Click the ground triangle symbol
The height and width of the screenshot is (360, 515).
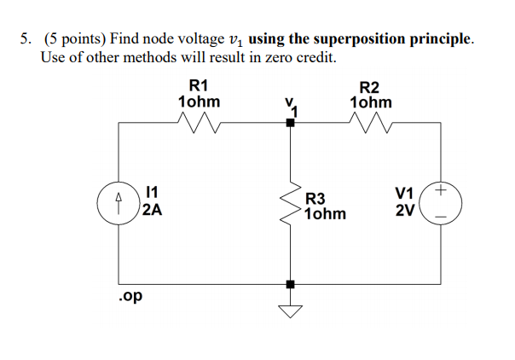(291, 310)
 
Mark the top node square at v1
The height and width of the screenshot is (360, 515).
(291, 123)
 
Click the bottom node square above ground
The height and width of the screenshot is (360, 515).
(291, 283)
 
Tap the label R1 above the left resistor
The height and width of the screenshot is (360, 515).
(198, 85)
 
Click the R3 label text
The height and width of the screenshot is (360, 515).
(315, 197)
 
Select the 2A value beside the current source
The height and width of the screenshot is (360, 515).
(153, 211)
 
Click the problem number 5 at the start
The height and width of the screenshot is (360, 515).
(26, 40)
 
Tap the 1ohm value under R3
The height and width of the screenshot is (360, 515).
(325, 213)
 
